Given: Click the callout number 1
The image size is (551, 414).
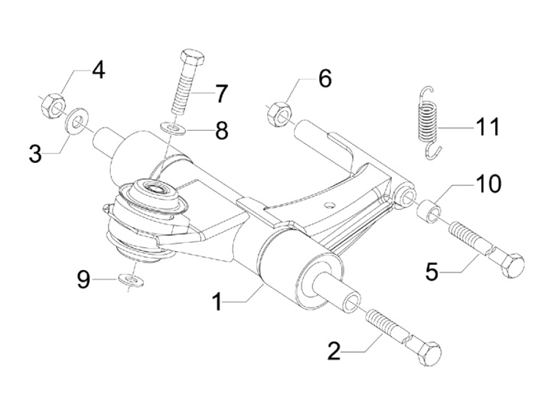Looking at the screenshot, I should tap(218, 302).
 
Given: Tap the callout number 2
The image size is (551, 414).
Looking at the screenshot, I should tap(334, 351).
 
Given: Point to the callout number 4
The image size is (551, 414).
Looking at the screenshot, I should tap(97, 70).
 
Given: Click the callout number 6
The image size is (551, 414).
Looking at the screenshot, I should tap(324, 78).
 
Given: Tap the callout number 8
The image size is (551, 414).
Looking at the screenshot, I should tap(221, 130).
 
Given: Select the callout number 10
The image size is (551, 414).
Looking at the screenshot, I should tap(486, 184).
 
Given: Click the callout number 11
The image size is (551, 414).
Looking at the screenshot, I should tap(485, 126).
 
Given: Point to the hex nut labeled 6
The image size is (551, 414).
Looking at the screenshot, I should tap(279, 113).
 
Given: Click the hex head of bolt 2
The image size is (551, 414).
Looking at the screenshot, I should tap(428, 353).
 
